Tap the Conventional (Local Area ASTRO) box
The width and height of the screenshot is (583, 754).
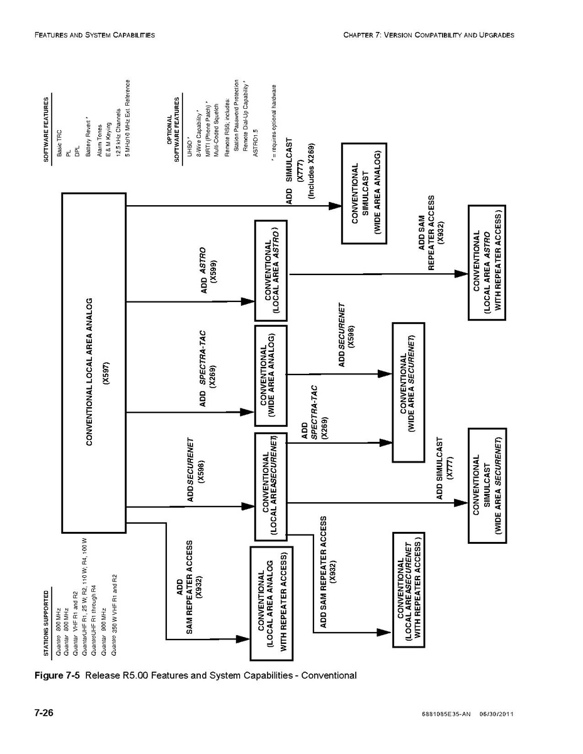(270, 271)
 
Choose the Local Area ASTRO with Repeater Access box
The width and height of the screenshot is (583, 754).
(486, 262)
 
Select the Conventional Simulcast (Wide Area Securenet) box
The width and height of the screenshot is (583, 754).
(485, 485)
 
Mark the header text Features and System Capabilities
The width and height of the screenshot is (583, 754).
(94, 35)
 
